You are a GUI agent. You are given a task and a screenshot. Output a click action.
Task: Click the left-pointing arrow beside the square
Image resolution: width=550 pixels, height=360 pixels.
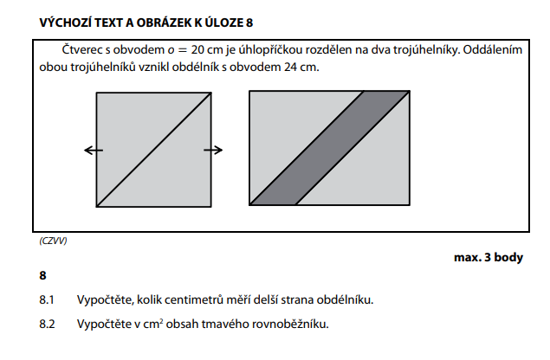93,151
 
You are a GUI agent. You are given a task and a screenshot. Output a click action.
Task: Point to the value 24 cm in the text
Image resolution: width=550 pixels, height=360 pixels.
303,67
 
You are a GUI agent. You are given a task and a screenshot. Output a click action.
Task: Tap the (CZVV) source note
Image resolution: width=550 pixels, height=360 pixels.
54,240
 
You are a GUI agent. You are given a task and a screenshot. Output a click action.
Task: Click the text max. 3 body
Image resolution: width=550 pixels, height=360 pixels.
488,257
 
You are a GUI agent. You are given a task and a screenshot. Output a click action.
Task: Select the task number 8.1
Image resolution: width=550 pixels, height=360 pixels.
47,300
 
